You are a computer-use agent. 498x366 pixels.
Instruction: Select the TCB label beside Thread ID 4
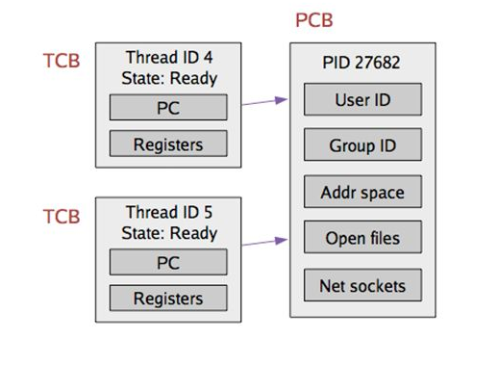pyautogui.click(x=62, y=62)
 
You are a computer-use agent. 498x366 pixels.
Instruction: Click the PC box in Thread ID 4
pyautogui.click(x=168, y=108)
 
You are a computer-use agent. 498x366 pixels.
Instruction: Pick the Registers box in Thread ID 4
pyautogui.click(x=168, y=144)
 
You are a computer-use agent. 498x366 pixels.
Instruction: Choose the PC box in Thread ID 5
pyautogui.click(x=168, y=261)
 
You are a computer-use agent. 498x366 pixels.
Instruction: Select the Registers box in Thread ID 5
pyautogui.click(x=168, y=298)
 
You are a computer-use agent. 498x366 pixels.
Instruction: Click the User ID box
pyautogui.click(x=362, y=99)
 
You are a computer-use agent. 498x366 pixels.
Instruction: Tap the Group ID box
pyautogui.click(x=362, y=145)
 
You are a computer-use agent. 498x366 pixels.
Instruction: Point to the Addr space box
pyautogui.click(x=362, y=192)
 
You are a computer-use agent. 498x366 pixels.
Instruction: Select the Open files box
pyautogui.click(x=362, y=238)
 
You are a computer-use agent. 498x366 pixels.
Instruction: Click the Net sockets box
pyautogui.click(x=362, y=285)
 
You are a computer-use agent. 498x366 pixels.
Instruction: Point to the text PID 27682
pyautogui.click(x=362, y=63)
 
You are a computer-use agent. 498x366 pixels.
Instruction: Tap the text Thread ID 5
pyautogui.click(x=169, y=212)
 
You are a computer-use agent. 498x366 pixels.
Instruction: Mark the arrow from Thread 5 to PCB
pyautogui.click(x=261, y=241)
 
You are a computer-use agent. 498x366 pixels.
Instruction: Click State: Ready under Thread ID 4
pyautogui.click(x=169, y=79)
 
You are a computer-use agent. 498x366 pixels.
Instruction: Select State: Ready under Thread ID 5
pyautogui.click(x=169, y=232)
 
